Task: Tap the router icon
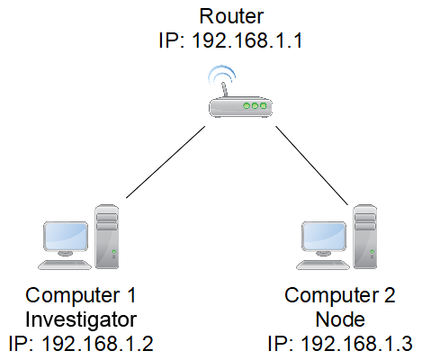pos(238,105)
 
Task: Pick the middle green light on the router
pos(256,107)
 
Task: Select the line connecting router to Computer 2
pos(310,163)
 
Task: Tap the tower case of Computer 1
pos(107,236)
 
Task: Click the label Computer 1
pos(82,295)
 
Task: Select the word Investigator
pos(82,319)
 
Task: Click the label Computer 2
pos(339,295)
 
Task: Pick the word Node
pos(339,319)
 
